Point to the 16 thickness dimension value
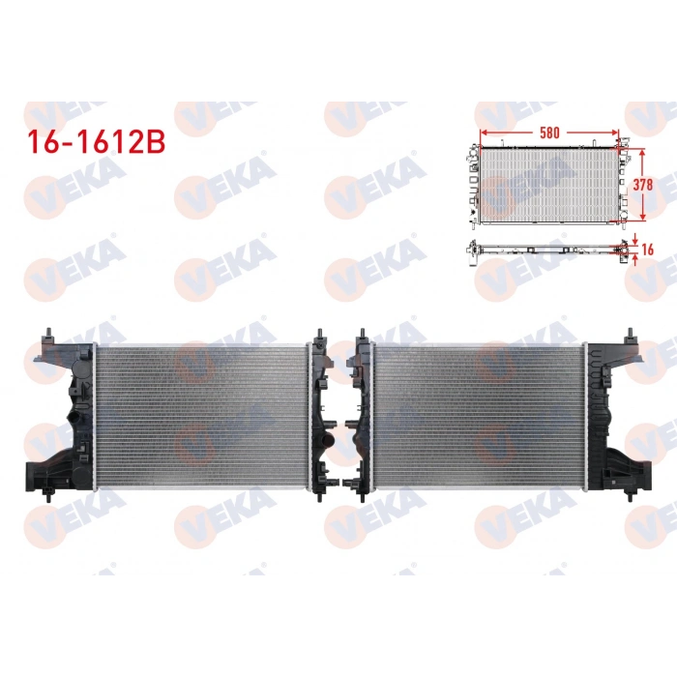pos(647,249)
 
